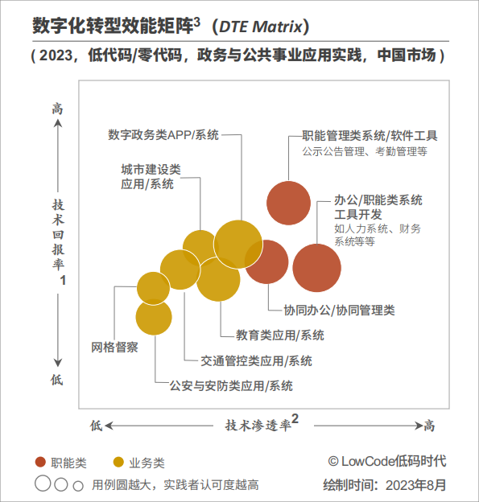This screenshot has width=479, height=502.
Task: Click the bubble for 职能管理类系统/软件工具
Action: (288, 202)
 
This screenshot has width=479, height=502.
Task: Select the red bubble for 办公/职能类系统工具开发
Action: (316, 268)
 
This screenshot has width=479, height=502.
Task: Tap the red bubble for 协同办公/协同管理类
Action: (266, 262)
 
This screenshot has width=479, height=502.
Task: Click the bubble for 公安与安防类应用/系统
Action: (154, 316)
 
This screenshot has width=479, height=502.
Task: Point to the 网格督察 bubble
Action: (154, 288)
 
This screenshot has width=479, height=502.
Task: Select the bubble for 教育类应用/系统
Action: (218, 279)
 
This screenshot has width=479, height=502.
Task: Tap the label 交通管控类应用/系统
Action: (245, 360)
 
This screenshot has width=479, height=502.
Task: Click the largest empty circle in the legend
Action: (41, 484)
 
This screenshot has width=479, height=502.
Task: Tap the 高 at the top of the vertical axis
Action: (57, 109)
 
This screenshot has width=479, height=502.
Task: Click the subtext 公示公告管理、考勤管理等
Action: (365, 150)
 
